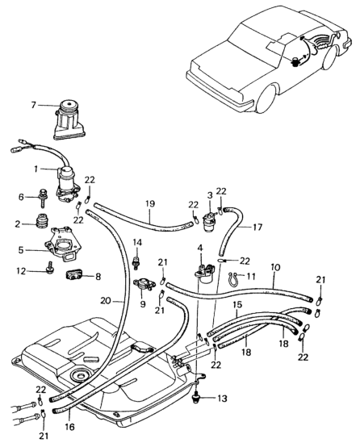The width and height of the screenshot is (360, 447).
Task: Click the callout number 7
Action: (34, 106)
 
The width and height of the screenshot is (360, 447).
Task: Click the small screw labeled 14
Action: (136, 261)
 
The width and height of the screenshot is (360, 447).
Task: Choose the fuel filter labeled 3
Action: (211, 221)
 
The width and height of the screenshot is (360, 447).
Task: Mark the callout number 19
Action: (151, 203)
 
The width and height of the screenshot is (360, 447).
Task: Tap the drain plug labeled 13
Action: (196, 396)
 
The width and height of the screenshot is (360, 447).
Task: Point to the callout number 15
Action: (237, 304)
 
